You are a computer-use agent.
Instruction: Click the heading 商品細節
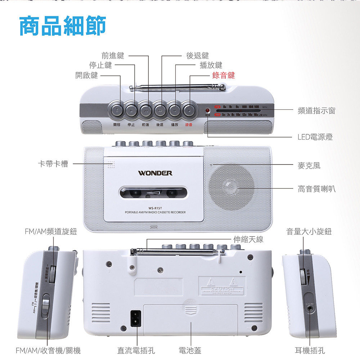(63, 26)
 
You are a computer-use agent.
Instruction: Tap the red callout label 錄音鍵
(223, 75)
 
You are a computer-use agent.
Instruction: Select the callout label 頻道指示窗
(316, 111)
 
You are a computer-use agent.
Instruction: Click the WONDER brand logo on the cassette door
(155, 173)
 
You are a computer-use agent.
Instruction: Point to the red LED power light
(208, 110)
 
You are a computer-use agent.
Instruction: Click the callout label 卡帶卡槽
(53, 164)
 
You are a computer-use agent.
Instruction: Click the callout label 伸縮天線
(248, 239)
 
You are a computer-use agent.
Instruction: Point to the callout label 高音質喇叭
(316, 188)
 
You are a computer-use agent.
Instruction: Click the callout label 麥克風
(309, 165)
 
